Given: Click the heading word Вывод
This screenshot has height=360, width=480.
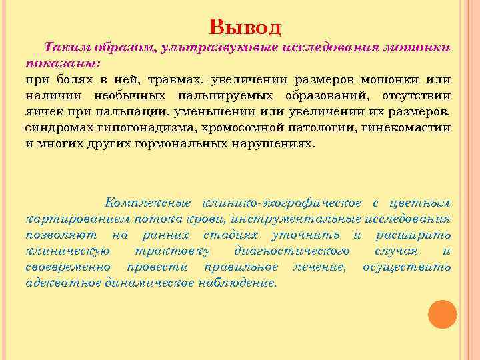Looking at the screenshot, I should (x=245, y=26).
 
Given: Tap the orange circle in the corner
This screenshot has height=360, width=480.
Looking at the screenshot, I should (x=442, y=314).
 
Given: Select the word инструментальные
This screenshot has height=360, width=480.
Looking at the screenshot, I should (x=302, y=219).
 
